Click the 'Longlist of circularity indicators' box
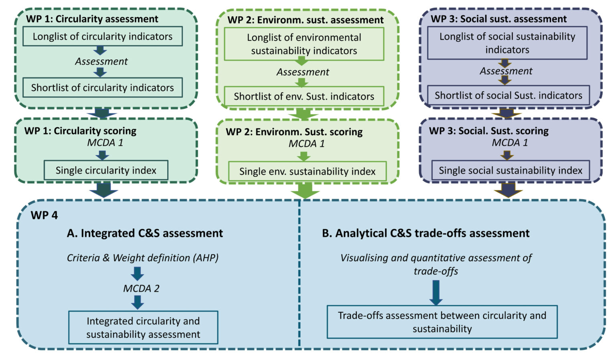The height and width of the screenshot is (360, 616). pos(102,36)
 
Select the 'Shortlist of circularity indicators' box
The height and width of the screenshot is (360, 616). pos(102,88)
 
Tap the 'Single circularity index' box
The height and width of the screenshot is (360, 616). pos(106,170)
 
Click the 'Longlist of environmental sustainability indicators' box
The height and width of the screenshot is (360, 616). pos(304,44)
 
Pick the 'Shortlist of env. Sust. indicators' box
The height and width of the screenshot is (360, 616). pos(304,97)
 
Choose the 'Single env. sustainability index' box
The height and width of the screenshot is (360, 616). pos(307,172)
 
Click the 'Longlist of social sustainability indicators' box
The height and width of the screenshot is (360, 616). pos(507,43)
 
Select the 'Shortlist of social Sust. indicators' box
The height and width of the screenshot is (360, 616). pos(508,95)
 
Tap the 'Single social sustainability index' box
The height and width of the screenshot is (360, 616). pos(510,170)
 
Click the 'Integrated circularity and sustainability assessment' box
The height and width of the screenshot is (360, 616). pos(143,328)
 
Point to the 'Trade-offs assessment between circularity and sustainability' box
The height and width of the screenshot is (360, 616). pos(442,322)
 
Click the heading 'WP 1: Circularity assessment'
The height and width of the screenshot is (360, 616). pos(92,19)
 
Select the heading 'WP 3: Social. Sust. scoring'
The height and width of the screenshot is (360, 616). pos(488,131)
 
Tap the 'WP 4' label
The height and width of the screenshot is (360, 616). pos(44,215)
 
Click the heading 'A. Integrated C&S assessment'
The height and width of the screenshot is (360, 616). pos(145,233)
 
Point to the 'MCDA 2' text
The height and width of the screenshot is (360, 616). pos(141,289)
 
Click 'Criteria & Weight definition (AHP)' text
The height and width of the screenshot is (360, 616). pos(142,258)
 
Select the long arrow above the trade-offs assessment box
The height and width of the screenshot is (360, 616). pos(436,292)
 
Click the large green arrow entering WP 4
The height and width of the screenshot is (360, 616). pos(305,190)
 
